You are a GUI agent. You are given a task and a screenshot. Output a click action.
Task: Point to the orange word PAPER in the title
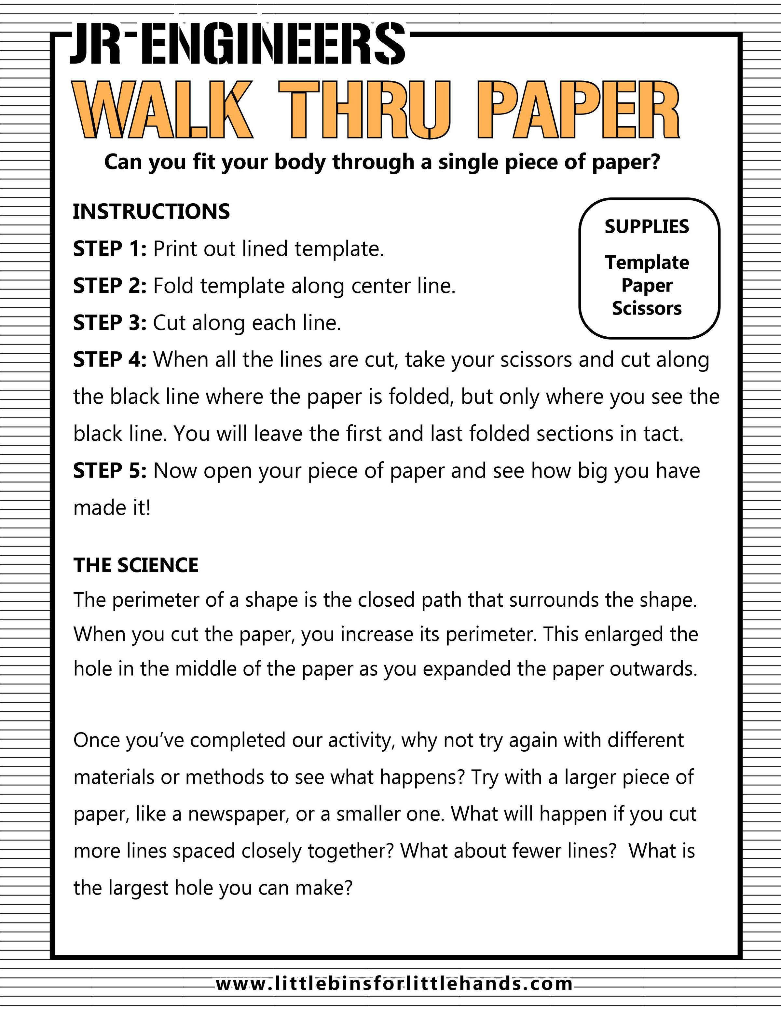coord(578,110)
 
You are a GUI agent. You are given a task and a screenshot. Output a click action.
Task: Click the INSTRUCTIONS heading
coord(151,211)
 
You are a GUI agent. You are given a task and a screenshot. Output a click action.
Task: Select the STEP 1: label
coord(110,249)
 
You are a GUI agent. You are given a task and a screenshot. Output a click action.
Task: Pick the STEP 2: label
coord(110,286)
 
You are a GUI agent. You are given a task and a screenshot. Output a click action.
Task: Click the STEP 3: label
coord(110,323)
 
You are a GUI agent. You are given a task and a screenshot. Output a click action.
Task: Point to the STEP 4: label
coord(110,360)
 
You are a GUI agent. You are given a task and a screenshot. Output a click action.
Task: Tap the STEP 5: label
coord(110,471)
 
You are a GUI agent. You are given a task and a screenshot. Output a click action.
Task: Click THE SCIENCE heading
coord(136,565)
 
